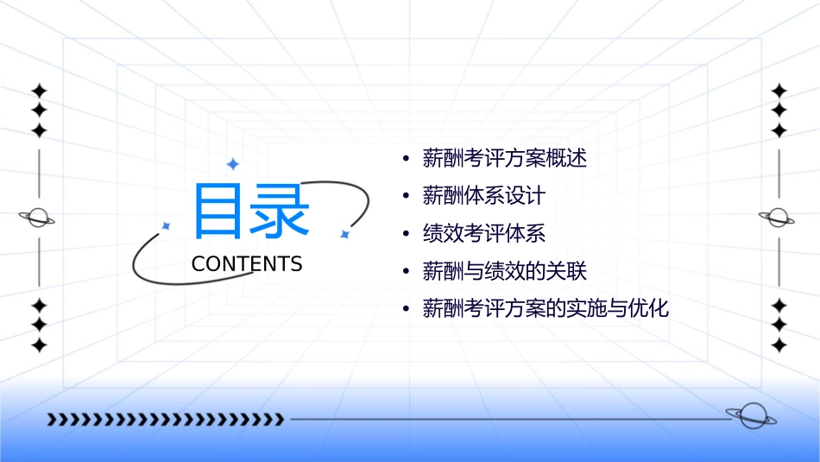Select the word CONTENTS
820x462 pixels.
click(247, 264)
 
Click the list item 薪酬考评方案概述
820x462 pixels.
click(504, 159)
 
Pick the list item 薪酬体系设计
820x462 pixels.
click(483, 196)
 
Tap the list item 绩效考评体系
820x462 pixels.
click(483, 233)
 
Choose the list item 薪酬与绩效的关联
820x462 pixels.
click(504, 271)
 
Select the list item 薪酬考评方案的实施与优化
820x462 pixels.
click(546, 308)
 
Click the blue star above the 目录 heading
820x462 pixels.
click(232, 163)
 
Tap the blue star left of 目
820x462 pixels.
click(167, 225)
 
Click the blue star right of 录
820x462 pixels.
click(344, 234)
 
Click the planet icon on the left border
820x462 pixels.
click(38, 218)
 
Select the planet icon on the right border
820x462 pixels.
click(778, 218)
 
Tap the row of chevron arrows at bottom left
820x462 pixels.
click(165, 420)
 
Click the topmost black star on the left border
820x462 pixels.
click(39, 91)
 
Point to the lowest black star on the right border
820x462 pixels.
click(779, 345)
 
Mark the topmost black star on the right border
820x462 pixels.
click(779, 91)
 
